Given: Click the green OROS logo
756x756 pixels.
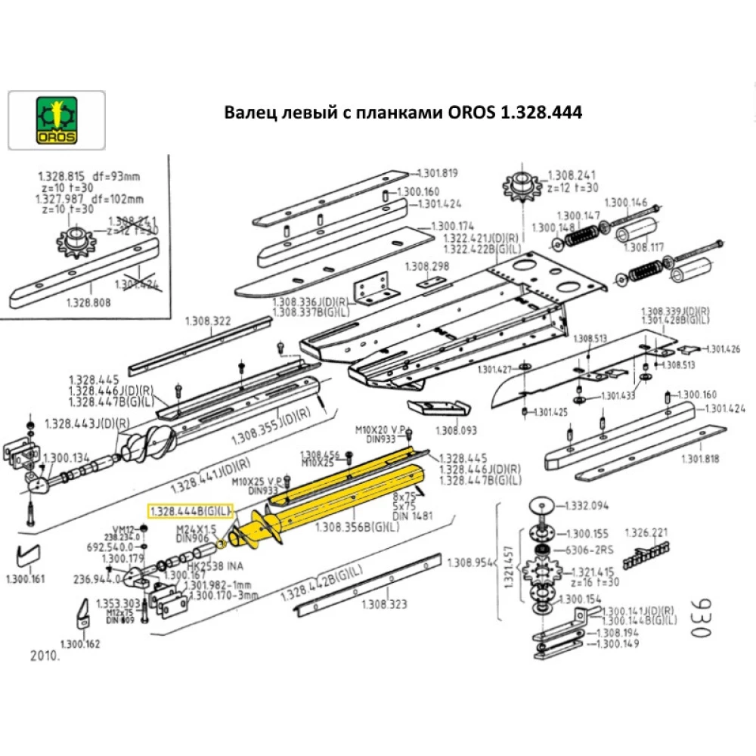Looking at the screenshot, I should pos(56,120).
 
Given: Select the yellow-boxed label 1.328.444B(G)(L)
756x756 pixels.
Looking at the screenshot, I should pos(191,512).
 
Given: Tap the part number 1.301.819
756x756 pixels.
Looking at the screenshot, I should pos(438,173).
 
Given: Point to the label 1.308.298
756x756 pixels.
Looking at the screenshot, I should pos(426,266).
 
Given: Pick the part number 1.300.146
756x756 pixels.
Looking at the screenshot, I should pos(627,202).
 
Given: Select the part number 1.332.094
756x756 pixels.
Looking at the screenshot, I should pos(587,505).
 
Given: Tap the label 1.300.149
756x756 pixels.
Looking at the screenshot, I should pos(617,644).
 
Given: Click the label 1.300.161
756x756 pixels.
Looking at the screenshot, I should pos(25,581).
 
